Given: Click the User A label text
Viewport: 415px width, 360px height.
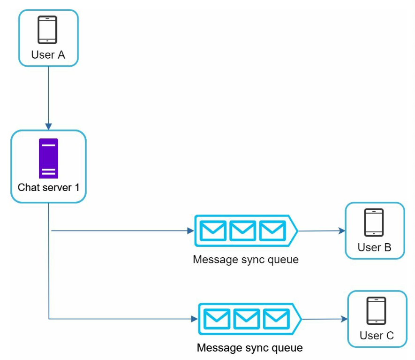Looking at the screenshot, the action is click(48, 55).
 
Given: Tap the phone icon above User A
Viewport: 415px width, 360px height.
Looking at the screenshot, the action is click(47, 30).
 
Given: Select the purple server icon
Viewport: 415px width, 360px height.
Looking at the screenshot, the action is click(48, 159).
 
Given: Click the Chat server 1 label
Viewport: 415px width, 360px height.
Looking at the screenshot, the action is click(48, 187).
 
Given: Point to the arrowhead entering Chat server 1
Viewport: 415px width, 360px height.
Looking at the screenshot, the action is click(48, 126).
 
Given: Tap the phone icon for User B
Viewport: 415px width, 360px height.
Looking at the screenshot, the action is click(374, 222).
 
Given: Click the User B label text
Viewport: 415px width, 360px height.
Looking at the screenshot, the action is click(374, 247).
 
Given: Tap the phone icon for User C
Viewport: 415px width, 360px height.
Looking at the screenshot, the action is click(376, 310).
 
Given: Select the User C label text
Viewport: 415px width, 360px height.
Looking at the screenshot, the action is click(377, 336).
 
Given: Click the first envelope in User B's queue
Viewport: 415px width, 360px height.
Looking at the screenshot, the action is click(213, 231).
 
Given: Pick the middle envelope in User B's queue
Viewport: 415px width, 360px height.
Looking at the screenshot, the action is click(243, 231).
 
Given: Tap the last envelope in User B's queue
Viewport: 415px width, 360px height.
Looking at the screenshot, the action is click(272, 231).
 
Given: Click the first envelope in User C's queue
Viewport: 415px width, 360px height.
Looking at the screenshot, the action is click(217, 319).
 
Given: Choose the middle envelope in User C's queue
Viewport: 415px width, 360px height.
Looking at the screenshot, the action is click(246, 319).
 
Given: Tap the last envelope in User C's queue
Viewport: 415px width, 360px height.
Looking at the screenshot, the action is click(276, 319).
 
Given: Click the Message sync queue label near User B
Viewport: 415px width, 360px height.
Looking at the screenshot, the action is click(246, 260).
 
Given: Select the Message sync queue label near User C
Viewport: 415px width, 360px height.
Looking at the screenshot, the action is click(249, 348).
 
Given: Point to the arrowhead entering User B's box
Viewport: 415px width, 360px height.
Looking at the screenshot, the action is click(342, 231).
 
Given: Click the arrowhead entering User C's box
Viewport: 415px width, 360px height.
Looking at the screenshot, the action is click(344, 319).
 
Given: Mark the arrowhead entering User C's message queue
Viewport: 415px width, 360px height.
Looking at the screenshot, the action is click(195, 319).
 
